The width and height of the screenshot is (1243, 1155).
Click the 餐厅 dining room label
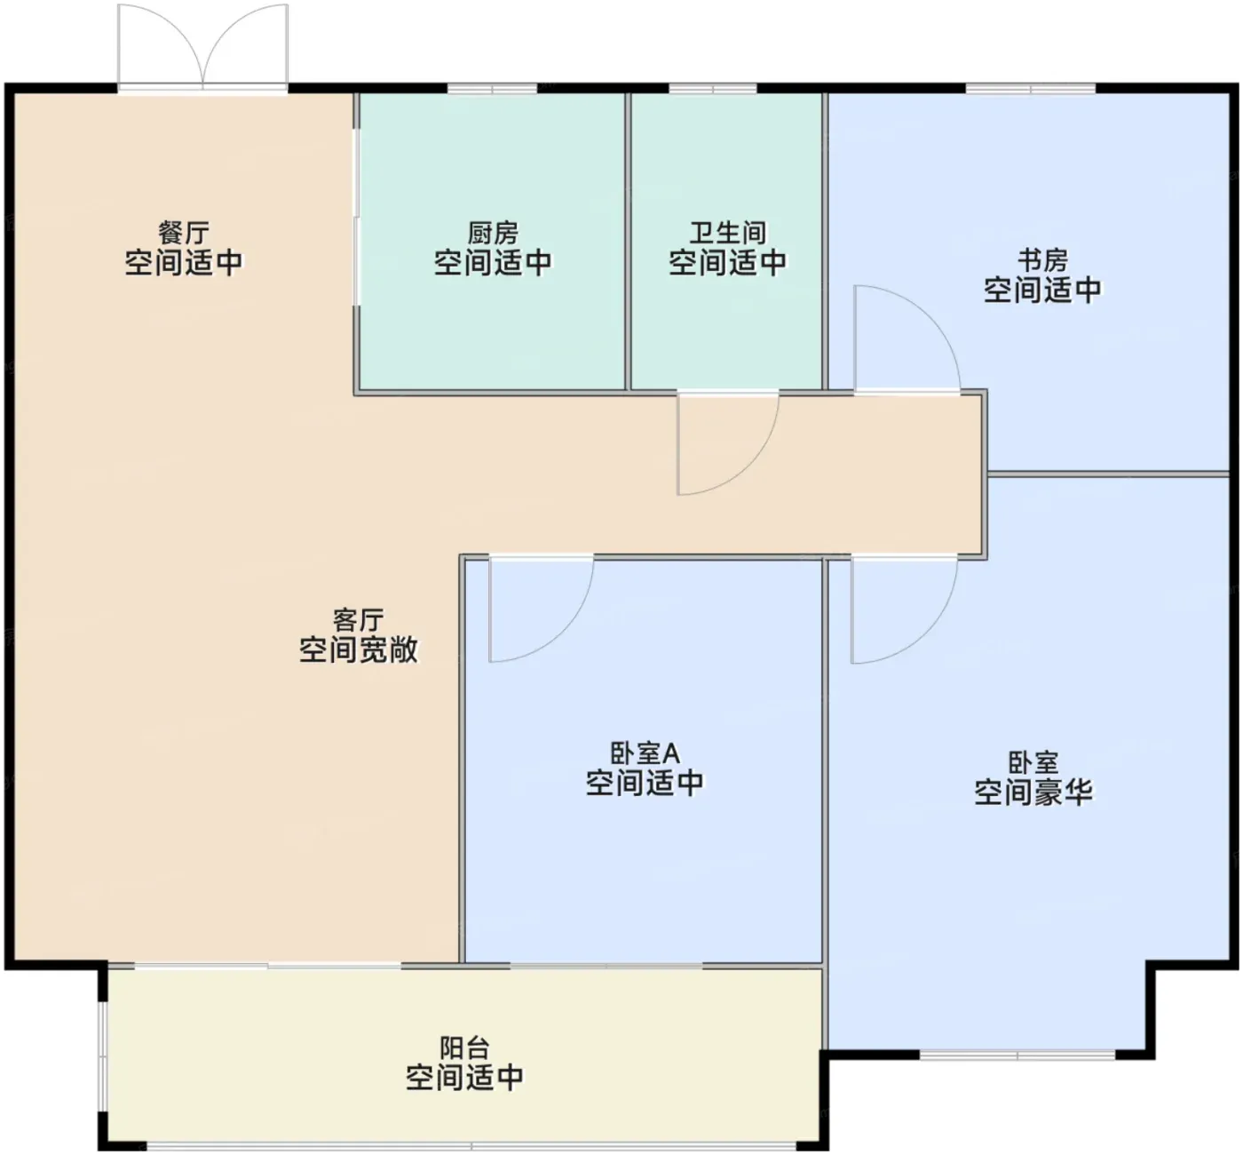click(184, 234)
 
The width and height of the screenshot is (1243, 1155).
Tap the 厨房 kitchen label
click(493, 234)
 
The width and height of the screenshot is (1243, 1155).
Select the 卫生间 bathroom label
click(728, 234)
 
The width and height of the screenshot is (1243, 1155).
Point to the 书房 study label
click(1042, 261)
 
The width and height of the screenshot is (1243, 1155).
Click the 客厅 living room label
click(358, 620)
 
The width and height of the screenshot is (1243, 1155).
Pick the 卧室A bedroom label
click(645, 753)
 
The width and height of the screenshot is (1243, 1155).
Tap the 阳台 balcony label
click(464, 1047)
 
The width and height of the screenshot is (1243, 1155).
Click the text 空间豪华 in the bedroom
click(1033, 793)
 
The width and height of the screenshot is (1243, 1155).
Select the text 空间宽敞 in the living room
click(358, 649)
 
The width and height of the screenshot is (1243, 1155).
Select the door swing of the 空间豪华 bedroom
click(930, 633)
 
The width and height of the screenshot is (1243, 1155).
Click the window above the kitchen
click(493, 89)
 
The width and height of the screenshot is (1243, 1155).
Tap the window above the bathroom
click(713, 89)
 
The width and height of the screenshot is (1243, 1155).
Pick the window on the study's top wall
click(1031, 89)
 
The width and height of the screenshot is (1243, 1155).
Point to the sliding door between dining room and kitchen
click(355, 218)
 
